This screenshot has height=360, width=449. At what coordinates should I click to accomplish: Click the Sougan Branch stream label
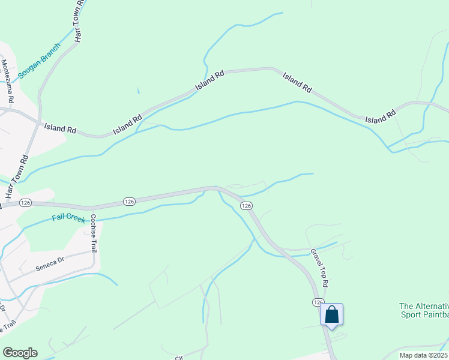pos(39,61)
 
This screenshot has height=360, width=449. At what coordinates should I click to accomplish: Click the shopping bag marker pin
pos(332,314)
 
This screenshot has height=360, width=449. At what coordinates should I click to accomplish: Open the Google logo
pos(20,352)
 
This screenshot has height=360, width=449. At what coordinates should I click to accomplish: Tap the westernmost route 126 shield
pos(25,203)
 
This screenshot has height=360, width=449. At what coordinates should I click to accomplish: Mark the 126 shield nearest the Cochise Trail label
pos(128,201)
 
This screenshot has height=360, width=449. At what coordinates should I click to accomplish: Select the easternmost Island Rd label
pos(381,116)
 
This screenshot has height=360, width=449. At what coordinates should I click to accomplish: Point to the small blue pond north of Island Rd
pos(138,91)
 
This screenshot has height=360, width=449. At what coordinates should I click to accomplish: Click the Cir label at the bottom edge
pos(178,358)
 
